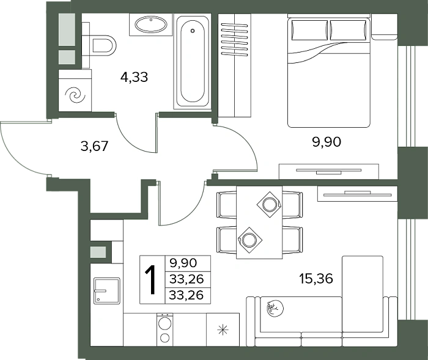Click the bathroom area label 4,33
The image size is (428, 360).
[x=134, y=77]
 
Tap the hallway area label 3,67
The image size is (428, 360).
[x=95, y=146]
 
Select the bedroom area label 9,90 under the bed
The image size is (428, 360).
[x=327, y=142]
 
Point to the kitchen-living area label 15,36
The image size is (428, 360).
[x=316, y=279]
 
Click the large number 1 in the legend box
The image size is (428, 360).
[x=150, y=280]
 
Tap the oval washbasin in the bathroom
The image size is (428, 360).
[x=150, y=25]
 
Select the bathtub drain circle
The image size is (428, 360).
[x=193, y=31]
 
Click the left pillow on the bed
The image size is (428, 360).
[x=309, y=30]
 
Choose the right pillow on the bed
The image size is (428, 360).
[x=348, y=30]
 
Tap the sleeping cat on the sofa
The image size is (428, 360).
[x=275, y=309]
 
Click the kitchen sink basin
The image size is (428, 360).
[x=106, y=291]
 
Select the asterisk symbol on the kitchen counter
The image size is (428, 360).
[x=223, y=330]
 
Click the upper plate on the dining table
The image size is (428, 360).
[x=269, y=204]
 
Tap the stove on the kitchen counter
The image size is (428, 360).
[x=165, y=329]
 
